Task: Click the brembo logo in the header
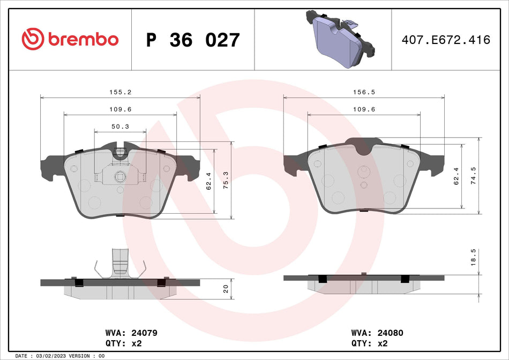click(70, 39)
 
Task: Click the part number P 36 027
click(193, 40)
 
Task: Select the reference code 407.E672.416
click(446, 40)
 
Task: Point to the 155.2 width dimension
click(121, 92)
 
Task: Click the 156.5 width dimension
click(364, 92)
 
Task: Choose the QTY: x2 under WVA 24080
click(369, 343)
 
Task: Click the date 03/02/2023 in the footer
click(53, 356)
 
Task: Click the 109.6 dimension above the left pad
click(121, 109)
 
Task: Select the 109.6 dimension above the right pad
click(364, 109)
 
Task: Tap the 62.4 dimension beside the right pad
click(456, 175)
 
